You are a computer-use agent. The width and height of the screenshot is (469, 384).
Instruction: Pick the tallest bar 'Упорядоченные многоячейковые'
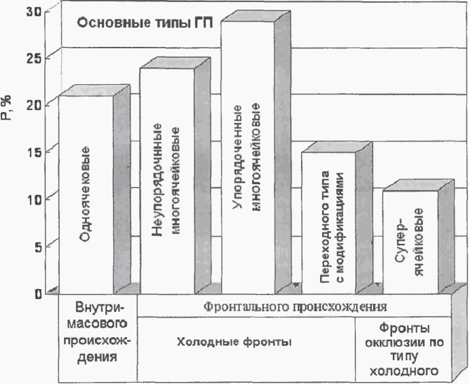247,156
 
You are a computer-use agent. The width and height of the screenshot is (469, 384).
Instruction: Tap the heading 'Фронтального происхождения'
296,303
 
